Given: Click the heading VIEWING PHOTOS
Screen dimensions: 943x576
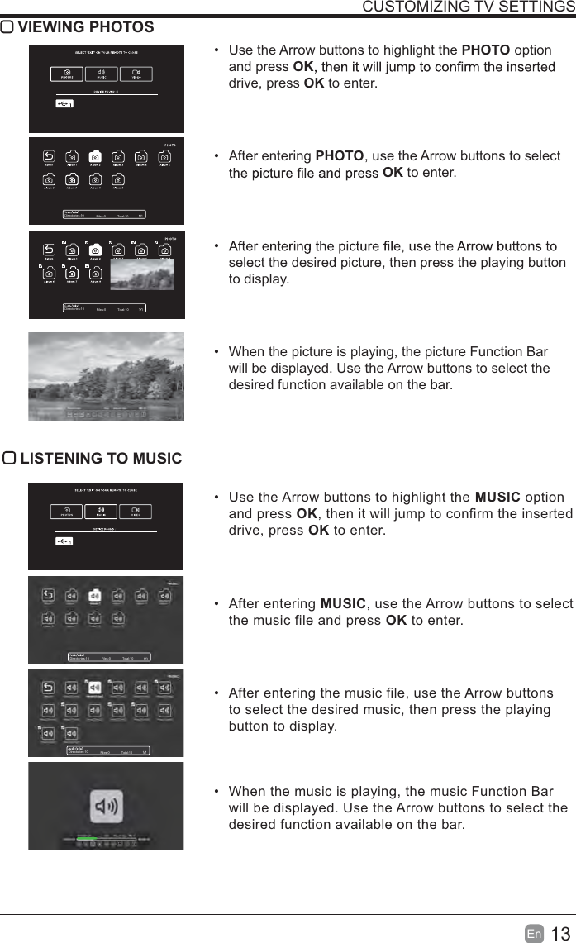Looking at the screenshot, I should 85,27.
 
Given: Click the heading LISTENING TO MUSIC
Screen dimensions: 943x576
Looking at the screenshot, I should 100,459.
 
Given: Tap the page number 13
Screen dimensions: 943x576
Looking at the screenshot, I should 560,934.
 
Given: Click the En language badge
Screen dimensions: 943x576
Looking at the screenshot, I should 534,934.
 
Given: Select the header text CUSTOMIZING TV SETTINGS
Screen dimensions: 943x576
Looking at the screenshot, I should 469,7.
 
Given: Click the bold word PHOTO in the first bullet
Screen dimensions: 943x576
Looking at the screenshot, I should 485,50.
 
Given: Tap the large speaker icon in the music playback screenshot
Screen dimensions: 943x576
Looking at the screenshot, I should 107,806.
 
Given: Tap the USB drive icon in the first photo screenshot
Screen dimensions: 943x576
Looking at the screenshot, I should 65,103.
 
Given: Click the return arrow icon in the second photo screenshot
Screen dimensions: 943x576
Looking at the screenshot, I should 49,156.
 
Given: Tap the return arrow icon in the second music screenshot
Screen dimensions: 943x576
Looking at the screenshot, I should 48,594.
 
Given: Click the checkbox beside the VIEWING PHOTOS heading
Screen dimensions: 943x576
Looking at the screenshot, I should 7,27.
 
